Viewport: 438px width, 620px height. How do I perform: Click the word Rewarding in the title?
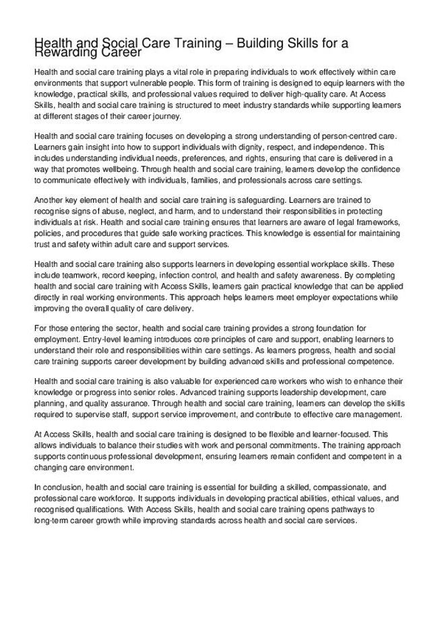(63, 53)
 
